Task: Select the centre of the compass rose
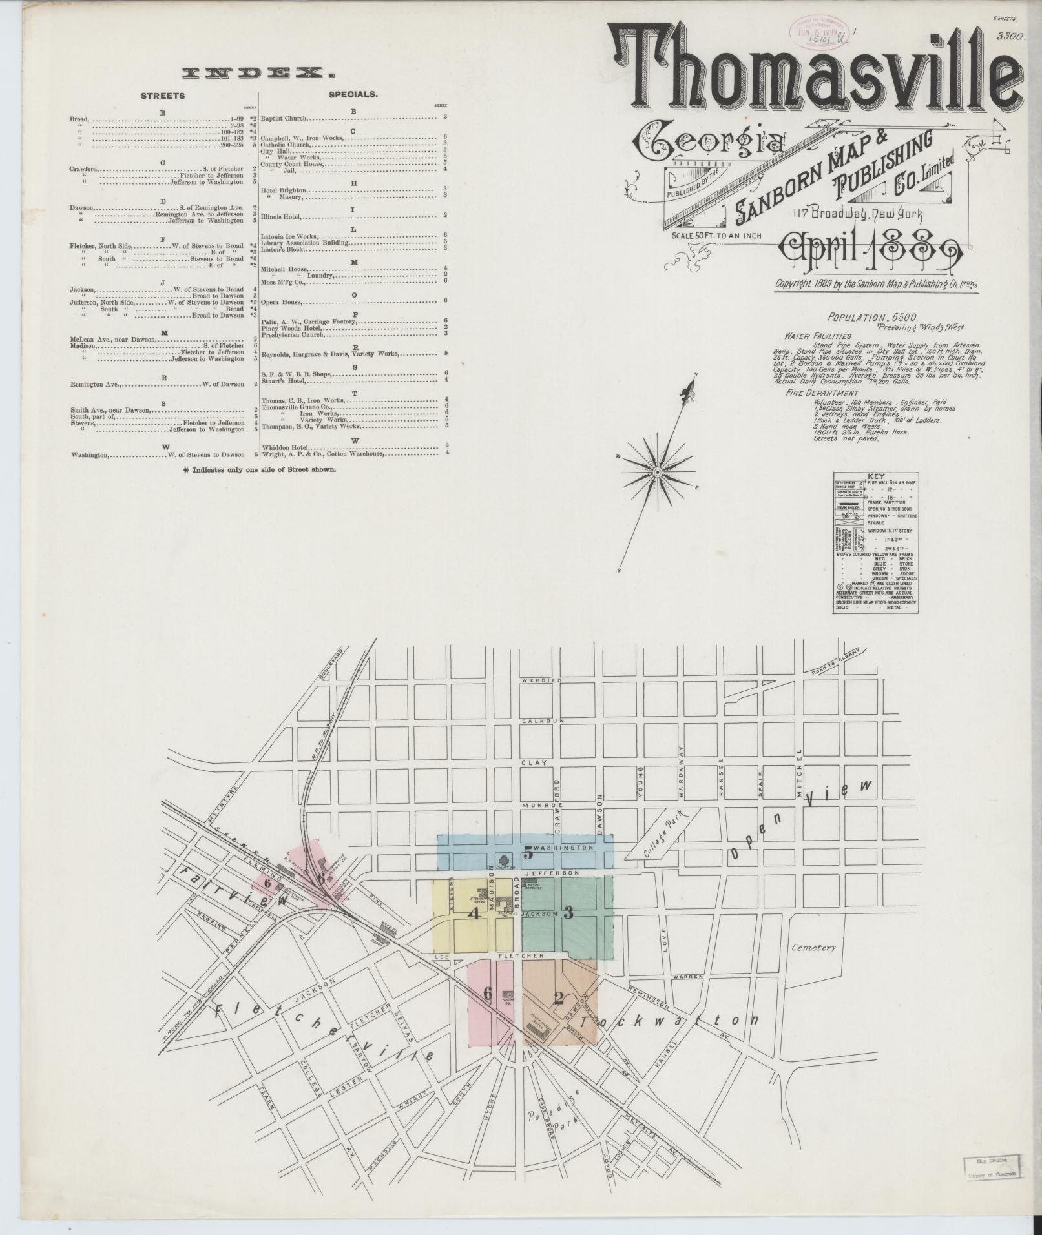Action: pyautogui.click(x=657, y=473)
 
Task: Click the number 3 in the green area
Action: pyautogui.click(x=568, y=913)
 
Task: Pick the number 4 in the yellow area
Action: pyautogui.click(x=475, y=913)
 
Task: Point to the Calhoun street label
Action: pyautogui.click(x=539, y=720)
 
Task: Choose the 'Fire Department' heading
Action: pyautogui.click(x=822, y=393)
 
